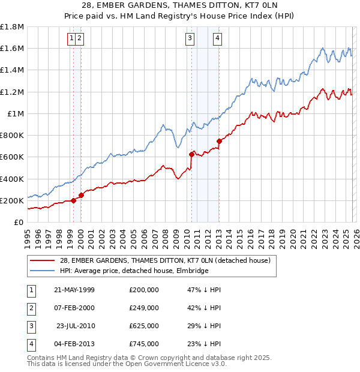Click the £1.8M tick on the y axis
(x=12, y=27)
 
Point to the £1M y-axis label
(x=16, y=113)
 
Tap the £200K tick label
(x=12, y=200)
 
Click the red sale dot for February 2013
(x=219, y=142)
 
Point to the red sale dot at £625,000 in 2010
(x=192, y=154)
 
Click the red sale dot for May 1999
(x=74, y=200)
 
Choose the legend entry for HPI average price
(x=134, y=271)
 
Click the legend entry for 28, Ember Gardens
(x=166, y=260)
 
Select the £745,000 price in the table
(x=143, y=344)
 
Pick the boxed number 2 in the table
(x=31, y=308)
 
